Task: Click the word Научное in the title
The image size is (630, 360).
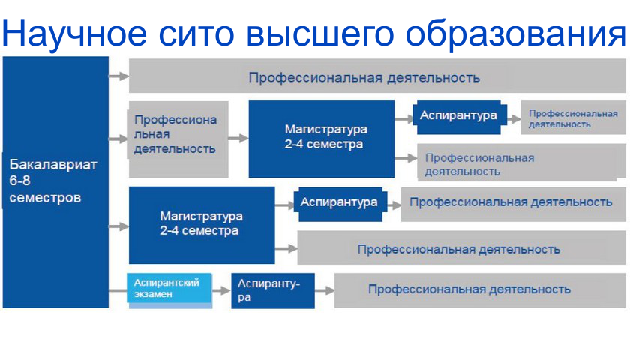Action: point(75,34)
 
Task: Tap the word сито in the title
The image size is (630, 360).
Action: point(196,34)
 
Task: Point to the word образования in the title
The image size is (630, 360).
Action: point(515,34)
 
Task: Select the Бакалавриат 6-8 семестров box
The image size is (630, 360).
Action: point(55,182)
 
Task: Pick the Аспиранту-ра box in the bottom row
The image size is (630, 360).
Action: point(273,290)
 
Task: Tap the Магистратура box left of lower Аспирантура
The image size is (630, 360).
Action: point(202,225)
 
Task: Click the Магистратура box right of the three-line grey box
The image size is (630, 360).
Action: point(322,139)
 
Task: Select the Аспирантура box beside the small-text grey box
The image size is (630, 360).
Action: point(460,116)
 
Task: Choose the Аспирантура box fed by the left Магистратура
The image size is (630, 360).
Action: point(340,204)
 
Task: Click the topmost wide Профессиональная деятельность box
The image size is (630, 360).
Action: point(377,76)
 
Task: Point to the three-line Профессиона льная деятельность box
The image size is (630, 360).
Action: point(178,139)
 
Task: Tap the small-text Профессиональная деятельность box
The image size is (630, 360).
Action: point(573,117)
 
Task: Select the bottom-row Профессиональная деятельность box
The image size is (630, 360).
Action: point(480,290)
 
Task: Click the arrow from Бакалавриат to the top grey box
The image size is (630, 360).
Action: point(118,76)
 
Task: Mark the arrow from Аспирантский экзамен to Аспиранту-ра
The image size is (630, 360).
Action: point(221,290)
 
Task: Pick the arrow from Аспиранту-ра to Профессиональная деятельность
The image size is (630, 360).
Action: point(325,290)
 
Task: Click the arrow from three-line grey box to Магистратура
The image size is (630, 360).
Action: point(238,139)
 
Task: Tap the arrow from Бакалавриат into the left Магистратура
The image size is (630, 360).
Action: point(118,226)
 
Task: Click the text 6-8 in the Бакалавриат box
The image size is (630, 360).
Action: point(19,181)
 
